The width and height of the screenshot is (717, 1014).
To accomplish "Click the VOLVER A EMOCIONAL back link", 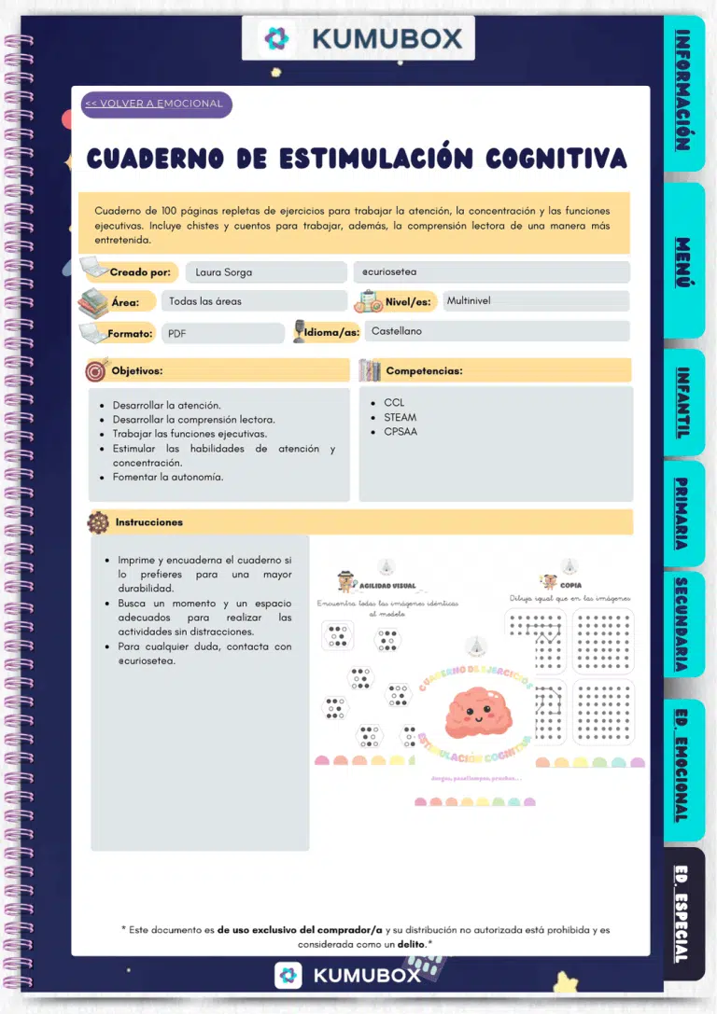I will [x=154, y=104].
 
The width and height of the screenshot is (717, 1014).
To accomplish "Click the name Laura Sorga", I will [x=224, y=272].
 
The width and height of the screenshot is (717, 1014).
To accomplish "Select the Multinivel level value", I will [x=469, y=301].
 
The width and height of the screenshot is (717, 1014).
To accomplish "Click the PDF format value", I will [x=177, y=333].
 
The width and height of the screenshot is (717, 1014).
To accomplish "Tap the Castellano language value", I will [x=397, y=331].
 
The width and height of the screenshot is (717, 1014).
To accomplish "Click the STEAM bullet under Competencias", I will [x=400, y=417].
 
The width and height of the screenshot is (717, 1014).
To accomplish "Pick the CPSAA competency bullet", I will [x=401, y=432].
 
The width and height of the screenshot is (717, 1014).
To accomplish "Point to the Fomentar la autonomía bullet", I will [x=168, y=477].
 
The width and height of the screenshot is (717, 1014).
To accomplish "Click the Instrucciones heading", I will [x=149, y=522].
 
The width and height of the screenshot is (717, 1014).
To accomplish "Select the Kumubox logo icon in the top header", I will [x=277, y=38].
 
